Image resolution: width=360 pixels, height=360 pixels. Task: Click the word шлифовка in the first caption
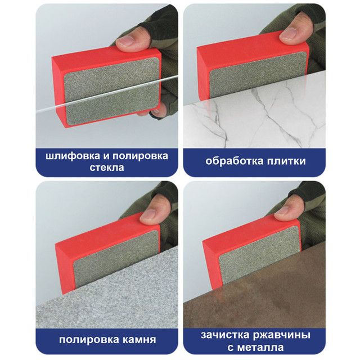[73, 156]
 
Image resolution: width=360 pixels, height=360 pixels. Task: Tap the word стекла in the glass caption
[107, 168]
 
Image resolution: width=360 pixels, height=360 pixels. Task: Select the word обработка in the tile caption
[235, 161]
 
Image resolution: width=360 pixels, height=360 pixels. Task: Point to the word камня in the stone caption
[138, 340]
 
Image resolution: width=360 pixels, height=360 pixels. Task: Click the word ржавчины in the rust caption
[282, 335]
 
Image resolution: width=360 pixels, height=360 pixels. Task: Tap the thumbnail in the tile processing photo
[289, 33]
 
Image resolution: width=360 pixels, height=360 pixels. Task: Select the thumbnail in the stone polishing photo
[148, 215]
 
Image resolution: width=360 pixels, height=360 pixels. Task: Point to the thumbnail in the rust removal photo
[283, 210]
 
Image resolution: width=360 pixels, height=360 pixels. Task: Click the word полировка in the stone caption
[88, 340]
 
